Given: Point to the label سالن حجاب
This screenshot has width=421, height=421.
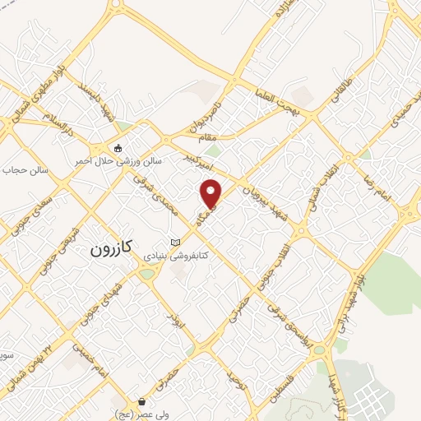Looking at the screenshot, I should click(25, 171).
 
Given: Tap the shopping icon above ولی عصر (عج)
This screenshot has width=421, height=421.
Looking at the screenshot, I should click(144, 402).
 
